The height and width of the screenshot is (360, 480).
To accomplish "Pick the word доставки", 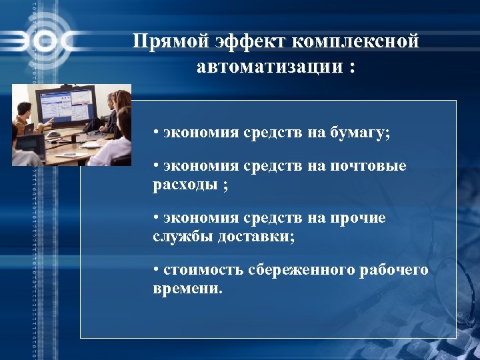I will [x=259, y=236].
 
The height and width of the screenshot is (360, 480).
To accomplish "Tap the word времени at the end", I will [x=186, y=289].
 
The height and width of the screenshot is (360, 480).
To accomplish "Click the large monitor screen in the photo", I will [x=66, y=105].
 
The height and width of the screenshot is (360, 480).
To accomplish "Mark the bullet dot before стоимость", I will [x=155, y=270].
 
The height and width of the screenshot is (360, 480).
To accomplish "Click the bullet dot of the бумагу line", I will [x=155, y=132].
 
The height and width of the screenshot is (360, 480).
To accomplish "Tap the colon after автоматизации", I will [x=351, y=69].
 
